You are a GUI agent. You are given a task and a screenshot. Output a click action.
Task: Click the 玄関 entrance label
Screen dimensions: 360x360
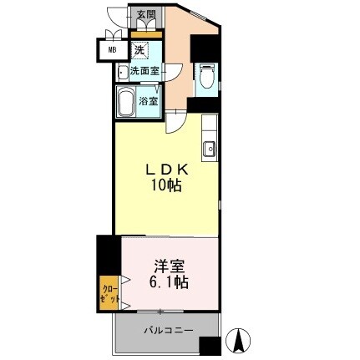[x=146, y=15]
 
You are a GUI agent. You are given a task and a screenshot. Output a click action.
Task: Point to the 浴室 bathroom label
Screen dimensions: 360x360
[x=148, y=100]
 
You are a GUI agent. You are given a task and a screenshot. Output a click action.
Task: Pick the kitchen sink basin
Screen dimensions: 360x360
[x=209, y=151]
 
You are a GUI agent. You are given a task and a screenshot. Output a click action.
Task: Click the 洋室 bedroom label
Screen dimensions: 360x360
[x=170, y=266]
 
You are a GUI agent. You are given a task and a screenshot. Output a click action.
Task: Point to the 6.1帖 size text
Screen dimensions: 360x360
[x=170, y=283]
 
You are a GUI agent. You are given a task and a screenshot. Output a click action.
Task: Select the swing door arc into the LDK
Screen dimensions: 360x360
[x=176, y=122]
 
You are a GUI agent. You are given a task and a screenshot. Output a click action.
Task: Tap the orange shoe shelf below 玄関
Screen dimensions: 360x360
[x=146, y=34]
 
